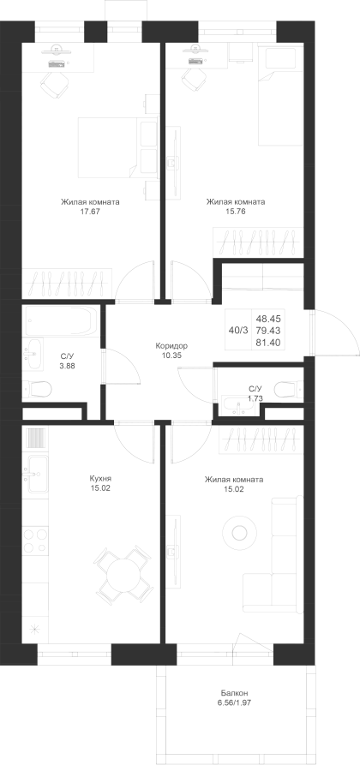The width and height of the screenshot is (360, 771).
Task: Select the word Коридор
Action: (171, 346)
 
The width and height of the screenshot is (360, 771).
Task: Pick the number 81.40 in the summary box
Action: (267, 342)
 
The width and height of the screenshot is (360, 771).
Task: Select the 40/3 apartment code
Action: (238, 331)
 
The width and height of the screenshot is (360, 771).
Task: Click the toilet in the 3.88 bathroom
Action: (39, 391)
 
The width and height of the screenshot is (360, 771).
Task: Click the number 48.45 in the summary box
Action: (267, 319)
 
